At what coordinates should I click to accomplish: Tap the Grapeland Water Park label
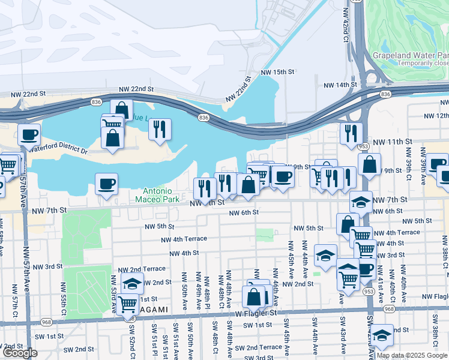[x=410, y=55]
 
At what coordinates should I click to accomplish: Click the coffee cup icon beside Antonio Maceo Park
[x=106, y=184]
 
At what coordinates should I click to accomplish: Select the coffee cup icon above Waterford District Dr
[x=29, y=135]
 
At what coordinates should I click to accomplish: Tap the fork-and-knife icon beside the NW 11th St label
[x=351, y=133]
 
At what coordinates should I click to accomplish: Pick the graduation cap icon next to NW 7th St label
[x=360, y=202]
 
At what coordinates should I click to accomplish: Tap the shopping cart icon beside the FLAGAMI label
[x=127, y=304]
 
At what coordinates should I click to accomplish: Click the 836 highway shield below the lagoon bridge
[x=203, y=118]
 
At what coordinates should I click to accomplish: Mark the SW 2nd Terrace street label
[x=258, y=347]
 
